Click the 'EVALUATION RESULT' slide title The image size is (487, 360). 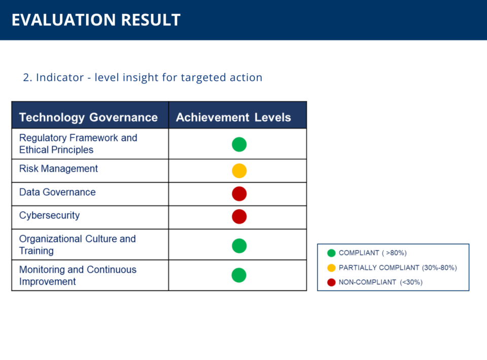(x=96, y=20)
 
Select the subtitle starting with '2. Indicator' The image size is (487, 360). (x=143, y=77)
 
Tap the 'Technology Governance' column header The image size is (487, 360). (x=88, y=117)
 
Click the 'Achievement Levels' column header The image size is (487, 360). (x=233, y=117)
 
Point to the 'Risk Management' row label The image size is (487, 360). (x=58, y=169)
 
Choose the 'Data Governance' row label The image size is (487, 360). (x=57, y=192)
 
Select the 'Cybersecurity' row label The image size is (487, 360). (x=49, y=215)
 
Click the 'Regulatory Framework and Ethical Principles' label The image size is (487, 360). (x=78, y=144)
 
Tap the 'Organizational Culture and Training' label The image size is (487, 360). (x=78, y=245)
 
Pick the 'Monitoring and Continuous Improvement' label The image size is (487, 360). (x=78, y=275)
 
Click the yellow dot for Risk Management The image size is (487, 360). (x=239, y=171)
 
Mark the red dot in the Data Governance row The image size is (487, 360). (x=239, y=193)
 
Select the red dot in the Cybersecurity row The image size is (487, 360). (x=239, y=217)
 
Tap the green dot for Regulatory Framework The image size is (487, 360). (x=239, y=145)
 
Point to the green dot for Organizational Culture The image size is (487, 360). (x=239, y=246)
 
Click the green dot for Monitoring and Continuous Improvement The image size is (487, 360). (x=239, y=275)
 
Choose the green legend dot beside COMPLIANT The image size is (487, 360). (x=331, y=253)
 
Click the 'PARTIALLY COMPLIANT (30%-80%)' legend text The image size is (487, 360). (x=398, y=268)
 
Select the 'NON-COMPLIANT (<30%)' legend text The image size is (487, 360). (x=381, y=282)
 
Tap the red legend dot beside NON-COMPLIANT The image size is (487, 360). (x=331, y=282)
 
